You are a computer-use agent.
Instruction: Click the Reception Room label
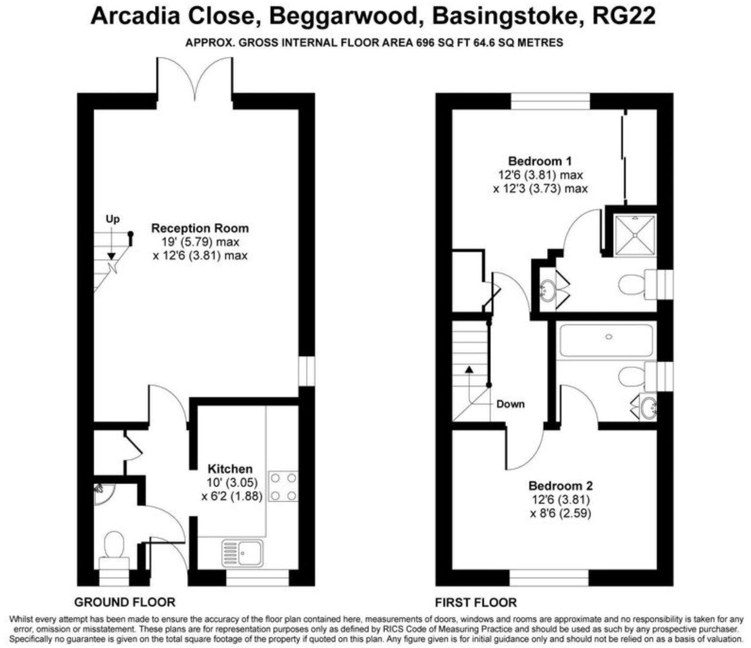click(200, 228)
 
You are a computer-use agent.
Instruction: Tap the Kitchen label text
click(230, 468)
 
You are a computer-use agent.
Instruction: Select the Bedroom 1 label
click(540, 161)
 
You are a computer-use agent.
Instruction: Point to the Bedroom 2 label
click(561, 486)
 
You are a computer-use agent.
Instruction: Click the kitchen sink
click(243, 553)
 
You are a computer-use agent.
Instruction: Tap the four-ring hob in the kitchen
click(283, 487)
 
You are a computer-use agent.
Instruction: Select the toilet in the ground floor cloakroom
click(114, 547)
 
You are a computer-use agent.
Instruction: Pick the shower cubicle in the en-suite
click(635, 235)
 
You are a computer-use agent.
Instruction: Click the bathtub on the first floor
click(606, 340)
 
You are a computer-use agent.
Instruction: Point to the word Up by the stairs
click(112, 219)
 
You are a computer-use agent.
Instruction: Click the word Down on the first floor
click(510, 404)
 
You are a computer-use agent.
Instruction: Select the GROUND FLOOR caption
click(125, 602)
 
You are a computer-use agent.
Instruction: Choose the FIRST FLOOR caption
click(476, 602)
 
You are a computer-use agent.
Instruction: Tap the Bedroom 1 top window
click(550, 101)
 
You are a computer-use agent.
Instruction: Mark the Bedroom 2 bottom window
click(549, 577)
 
